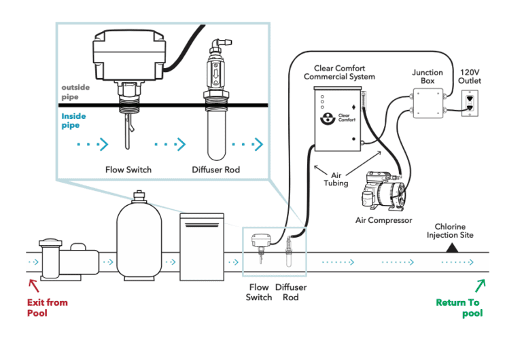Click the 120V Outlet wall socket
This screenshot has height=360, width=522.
pyautogui.click(x=470, y=103)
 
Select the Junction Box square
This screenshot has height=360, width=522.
pyautogui.click(x=428, y=103)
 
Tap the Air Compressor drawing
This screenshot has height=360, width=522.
pyautogui.click(x=384, y=191)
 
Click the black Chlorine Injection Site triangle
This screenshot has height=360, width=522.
pyautogui.click(x=452, y=248)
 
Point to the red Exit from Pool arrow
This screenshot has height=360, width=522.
pyautogui.click(x=33, y=285)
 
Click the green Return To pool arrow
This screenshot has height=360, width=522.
pyautogui.click(x=480, y=286)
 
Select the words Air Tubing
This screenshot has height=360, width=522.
pyautogui.click(x=336, y=179)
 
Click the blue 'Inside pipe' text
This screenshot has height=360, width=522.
pyautogui.click(x=73, y=120)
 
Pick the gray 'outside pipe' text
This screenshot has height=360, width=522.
pyautogui.click(x=75, y=92)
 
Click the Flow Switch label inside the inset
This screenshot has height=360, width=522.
pyautogui.click(x=128, y=170)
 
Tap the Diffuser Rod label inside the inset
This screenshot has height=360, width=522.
pyautogui.click(x=215, y=170)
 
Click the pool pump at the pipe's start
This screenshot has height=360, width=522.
pyautogui.click(x=69, y=259)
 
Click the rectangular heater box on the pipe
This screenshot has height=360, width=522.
pyautogui.click(x=202, y=247)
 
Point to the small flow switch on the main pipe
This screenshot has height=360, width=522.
pyautogui.click(x=261, y=245)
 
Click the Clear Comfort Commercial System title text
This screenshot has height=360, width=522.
pyautogui.click(x=339, y=73)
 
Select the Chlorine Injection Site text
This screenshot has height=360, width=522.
pyautogui.click(x=450, y=231)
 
